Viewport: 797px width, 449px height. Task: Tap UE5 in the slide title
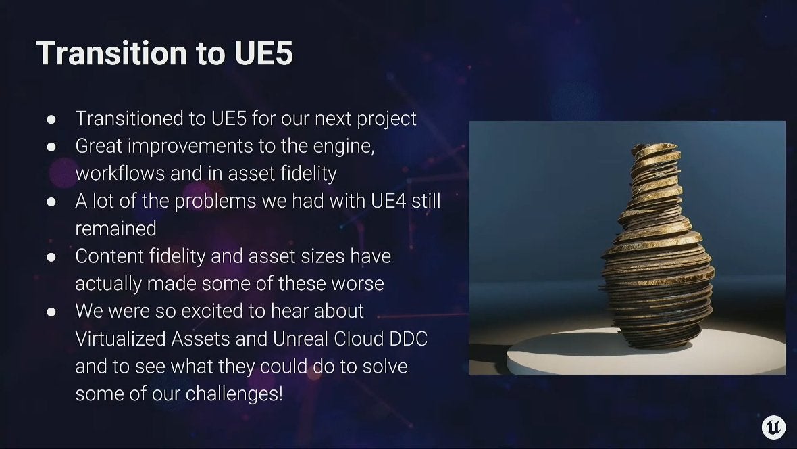click(x=264, y=53)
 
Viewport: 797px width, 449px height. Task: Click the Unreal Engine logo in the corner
click(x=773, y=427)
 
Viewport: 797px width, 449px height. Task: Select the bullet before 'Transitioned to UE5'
click(x=51, y=120)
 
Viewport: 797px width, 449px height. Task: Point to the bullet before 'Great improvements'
click(x=51, y=147)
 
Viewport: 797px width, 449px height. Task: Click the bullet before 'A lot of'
click(x=51, y=202)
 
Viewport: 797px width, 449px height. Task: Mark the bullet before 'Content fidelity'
click(x=51, y=257)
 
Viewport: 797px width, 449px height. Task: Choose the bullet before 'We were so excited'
click(x=51, y=312)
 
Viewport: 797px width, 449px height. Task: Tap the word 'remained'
click(x=116, y=229)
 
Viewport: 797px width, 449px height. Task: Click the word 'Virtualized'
click(x=120, y=339)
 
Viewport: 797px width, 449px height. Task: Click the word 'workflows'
click(x=120, y=174)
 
